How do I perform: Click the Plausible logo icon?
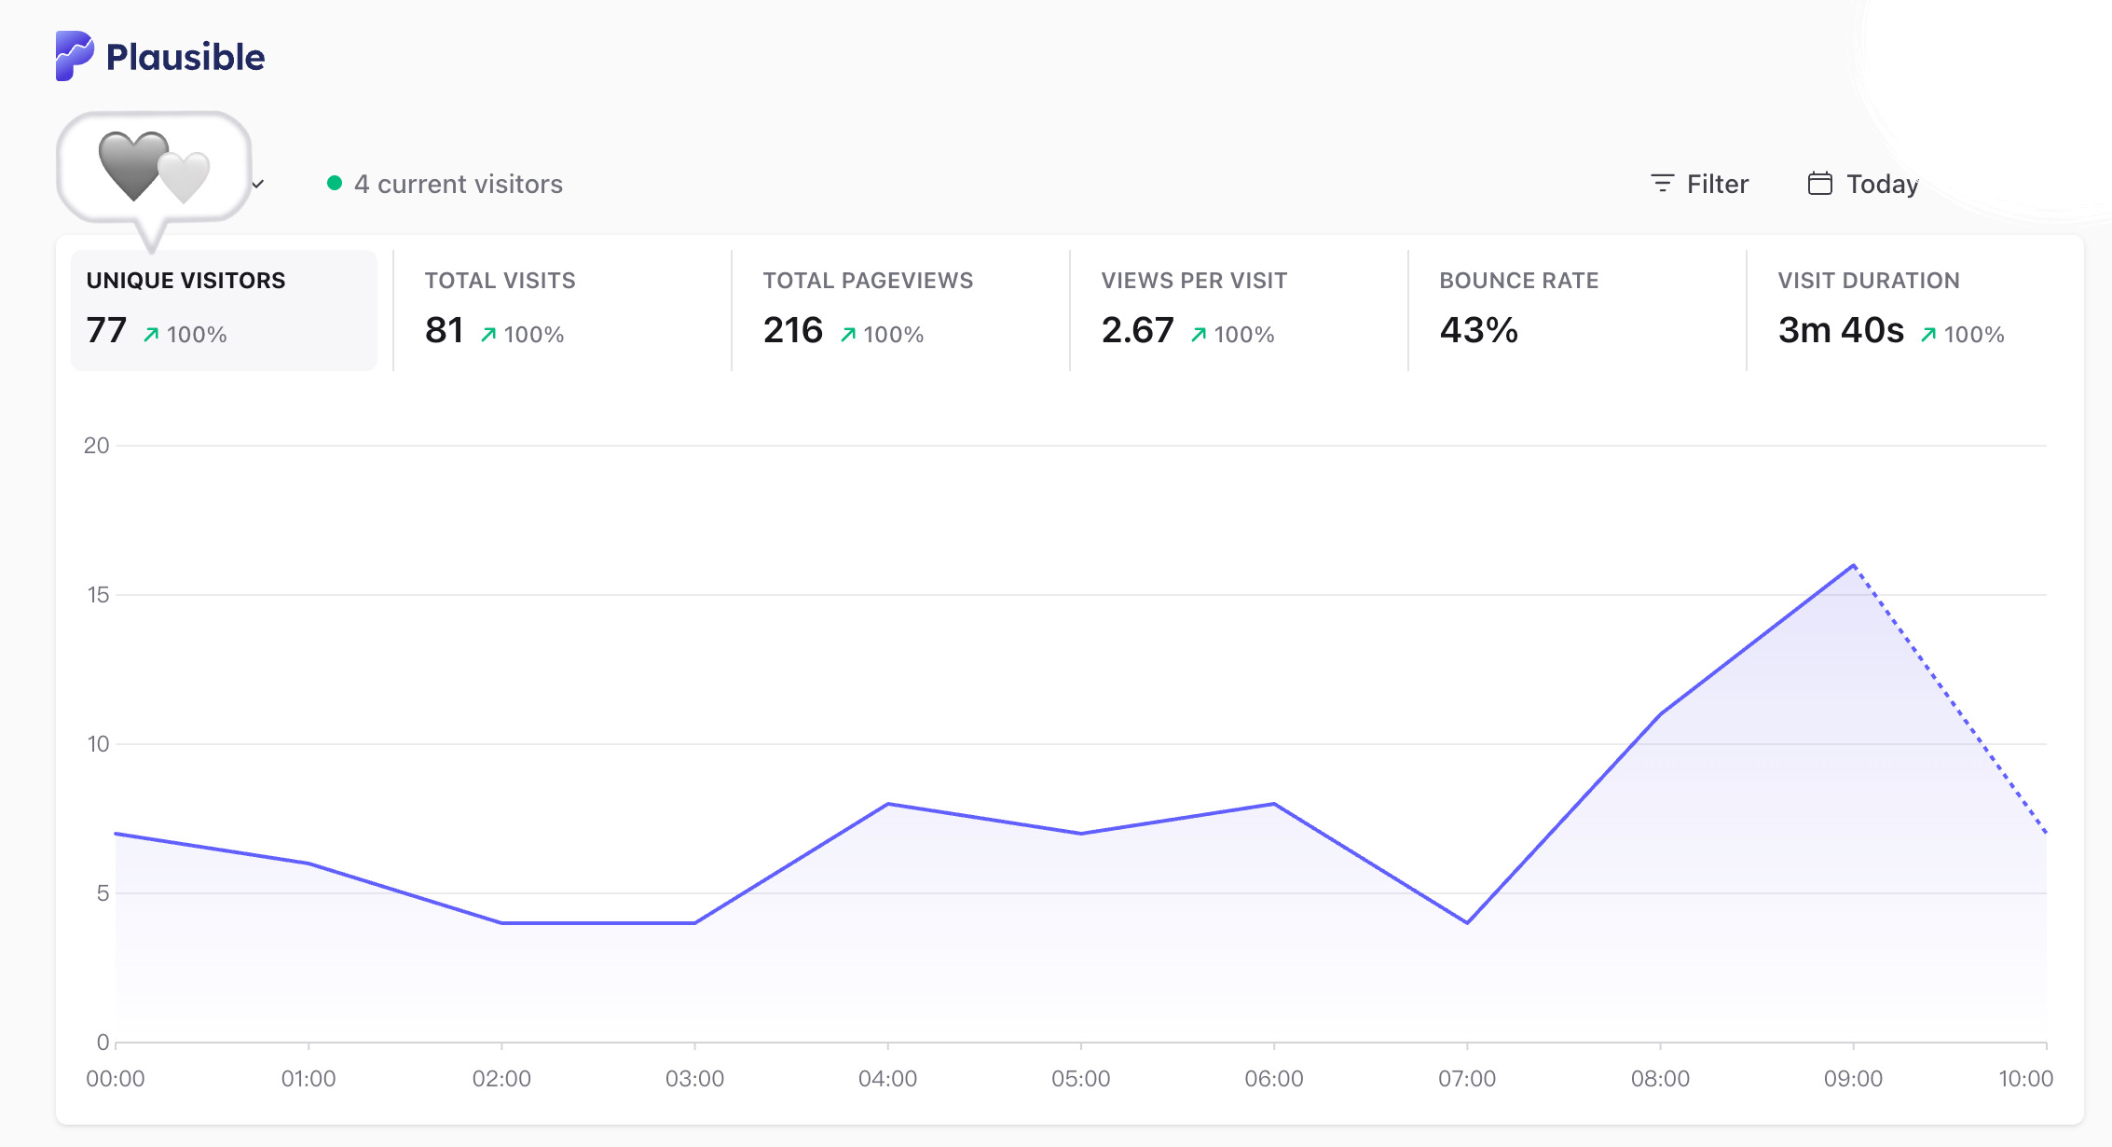coord(75,56)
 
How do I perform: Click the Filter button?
coord(1699,184)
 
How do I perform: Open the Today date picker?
coord(1863,184)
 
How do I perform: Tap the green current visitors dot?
coord(335,183)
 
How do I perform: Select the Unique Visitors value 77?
coord(106,330)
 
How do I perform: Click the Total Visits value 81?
coord(445,330)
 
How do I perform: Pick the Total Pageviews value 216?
coord(793,330)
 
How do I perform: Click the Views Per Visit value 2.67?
coord(1138,330)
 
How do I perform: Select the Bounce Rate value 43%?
coord(1479,330)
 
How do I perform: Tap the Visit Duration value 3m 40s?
coord(1841,330)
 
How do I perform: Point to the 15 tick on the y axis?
coord(98,595)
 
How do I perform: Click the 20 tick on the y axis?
coord(97,446)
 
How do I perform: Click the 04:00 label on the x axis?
coord(887,1079)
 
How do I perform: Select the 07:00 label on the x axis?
coord(1467,1079)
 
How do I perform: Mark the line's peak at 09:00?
coord(1853,565)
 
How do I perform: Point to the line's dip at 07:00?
coord(1467,923)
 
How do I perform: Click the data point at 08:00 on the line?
coord(1660,714)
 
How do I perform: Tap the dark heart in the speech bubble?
coord(133,165)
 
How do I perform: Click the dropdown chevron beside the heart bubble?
coord(258,184)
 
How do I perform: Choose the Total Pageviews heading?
coord(868,281)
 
